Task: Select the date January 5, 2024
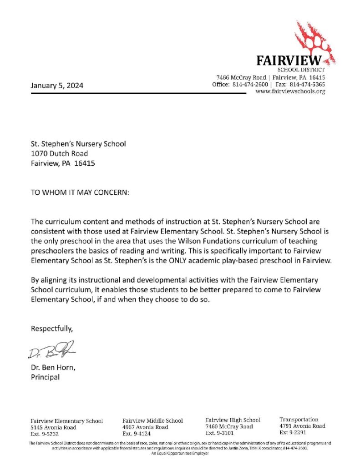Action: [x=57, y=85]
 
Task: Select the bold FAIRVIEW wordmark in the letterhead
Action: [x=289, y=61]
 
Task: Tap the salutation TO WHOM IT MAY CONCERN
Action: [x=80, y=192]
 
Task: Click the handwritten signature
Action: [x=51, y=349]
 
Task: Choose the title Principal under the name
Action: [x=45, y=377]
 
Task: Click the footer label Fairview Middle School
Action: [x=153, y=420]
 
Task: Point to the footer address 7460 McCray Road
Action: [x=229, y=426]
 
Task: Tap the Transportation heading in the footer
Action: [x=299, y=419]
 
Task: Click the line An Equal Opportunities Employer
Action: [x=179, y=453]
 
